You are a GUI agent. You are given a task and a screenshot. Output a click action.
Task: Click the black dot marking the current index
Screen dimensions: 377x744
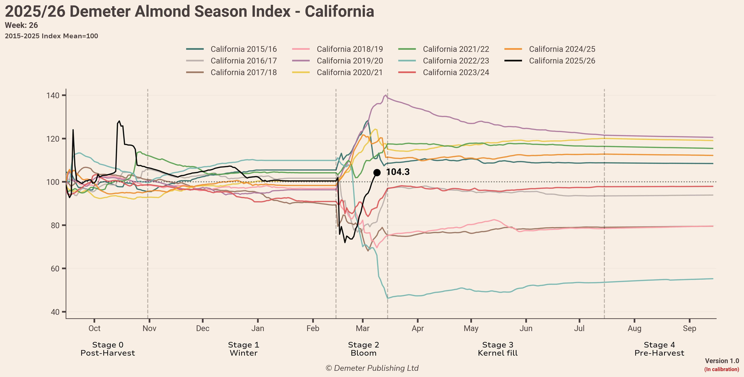coord(377,172)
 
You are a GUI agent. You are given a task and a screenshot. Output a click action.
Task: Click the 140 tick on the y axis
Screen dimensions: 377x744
coord(53,95)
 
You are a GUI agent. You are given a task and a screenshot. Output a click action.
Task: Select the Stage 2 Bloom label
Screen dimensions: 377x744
coord(363,349)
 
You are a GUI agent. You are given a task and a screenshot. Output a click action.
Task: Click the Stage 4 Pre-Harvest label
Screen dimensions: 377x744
coord(659,349)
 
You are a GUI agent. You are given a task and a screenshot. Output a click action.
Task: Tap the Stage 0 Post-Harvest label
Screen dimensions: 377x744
coord(108,349)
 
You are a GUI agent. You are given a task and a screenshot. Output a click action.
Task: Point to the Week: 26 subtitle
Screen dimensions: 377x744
coord(21,25)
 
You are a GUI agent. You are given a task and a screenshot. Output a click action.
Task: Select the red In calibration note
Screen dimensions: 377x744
coord(722,369)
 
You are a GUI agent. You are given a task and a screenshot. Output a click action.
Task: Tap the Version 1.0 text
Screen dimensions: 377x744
coord(722,361)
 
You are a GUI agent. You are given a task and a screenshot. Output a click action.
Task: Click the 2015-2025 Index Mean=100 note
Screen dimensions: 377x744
coord(51,36)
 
